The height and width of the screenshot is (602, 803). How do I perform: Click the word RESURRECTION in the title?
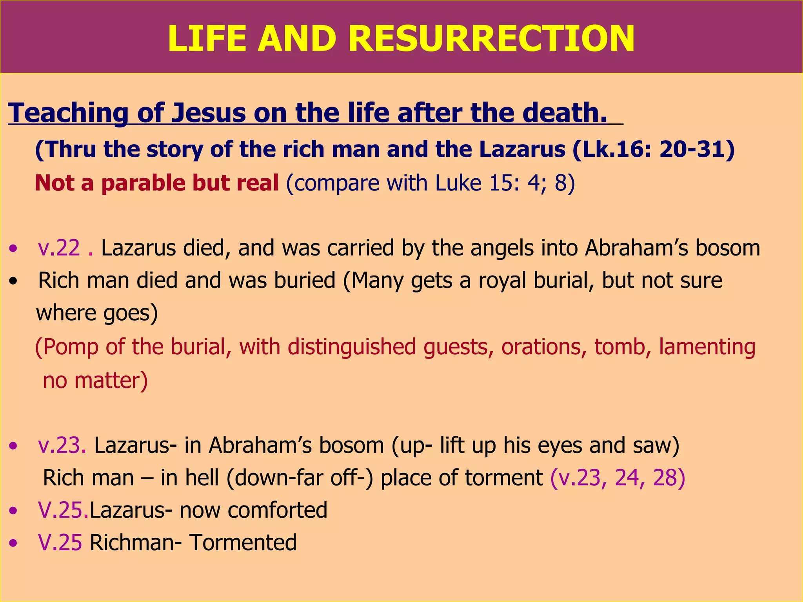[491, 38]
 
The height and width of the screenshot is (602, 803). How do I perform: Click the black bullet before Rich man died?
[14, 281]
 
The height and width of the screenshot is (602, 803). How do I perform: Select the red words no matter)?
[95, 381]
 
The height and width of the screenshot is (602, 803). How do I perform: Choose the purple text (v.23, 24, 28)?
[618, 478]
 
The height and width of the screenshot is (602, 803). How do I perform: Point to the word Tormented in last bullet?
[243, 543]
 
